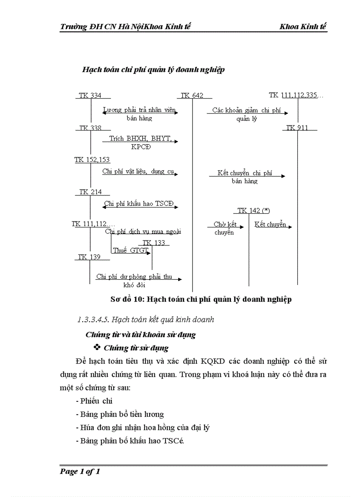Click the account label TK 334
click(90, 95)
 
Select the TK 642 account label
click(192, 95)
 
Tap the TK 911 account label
click(297, 128)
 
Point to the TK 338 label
click(90, 128)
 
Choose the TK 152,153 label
click(92, 160)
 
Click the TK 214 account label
click(90, 192)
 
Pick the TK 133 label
click(154, 243)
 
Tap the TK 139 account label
click(89, 257)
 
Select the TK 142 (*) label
click(253, 211)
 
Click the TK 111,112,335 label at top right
click(296, 95)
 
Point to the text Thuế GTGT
click(130, 250)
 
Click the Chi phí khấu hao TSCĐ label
click(139, 204)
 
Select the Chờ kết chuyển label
click(225, 228)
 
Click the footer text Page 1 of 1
click(80, 472)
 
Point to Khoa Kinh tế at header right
click(303, 27)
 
